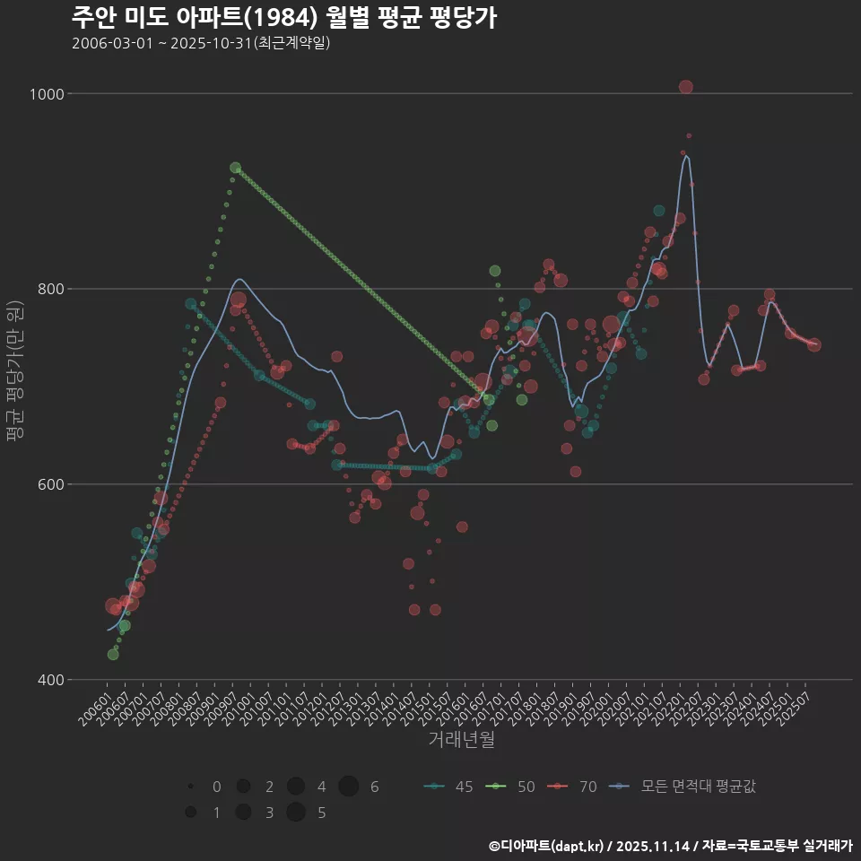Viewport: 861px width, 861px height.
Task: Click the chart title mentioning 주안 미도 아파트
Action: point(283,18)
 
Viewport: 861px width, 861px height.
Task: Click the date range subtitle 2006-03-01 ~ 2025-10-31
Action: point(202,43)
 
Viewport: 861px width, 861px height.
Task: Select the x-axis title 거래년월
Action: point(461,739)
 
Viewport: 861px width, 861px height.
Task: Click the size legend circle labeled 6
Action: point(349,787)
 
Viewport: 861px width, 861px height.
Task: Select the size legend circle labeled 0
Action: point(191,787)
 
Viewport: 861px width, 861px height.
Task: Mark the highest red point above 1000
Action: point(686,87)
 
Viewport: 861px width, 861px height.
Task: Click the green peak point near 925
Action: point(235,168)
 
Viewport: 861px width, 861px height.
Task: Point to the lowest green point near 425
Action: point(113,655)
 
